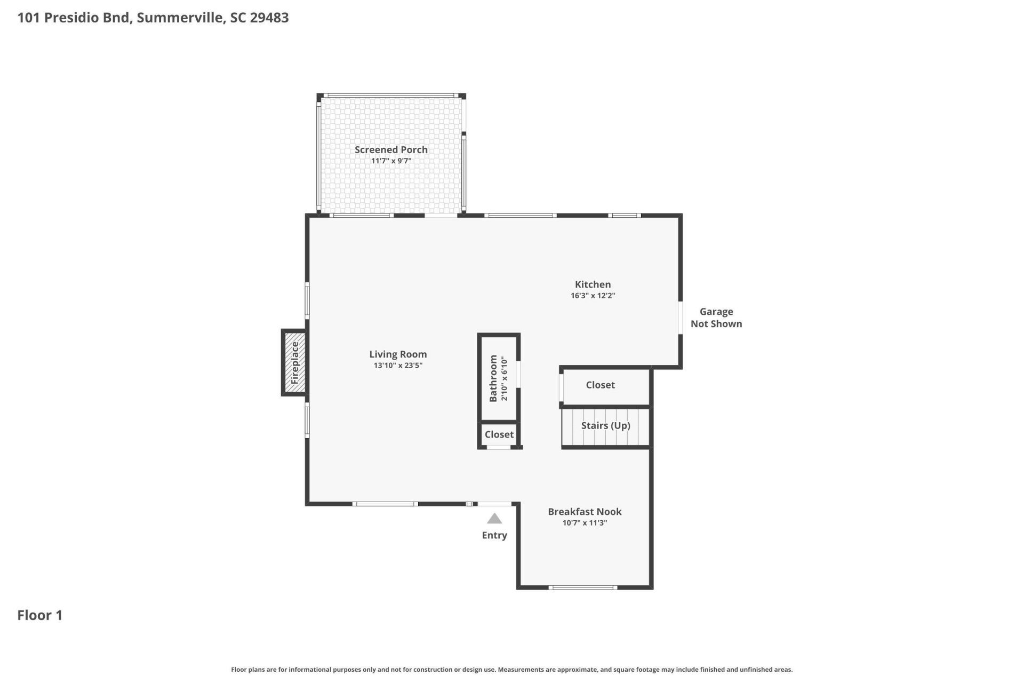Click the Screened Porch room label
(x=391, y=150)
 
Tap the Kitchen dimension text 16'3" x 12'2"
(x=593, y=296)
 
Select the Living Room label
(x=398, y=354)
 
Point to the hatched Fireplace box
(x=294, y=363)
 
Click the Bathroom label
(x=493, y=378)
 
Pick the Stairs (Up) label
(x=605, y=426)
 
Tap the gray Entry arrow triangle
(x=494, y=518)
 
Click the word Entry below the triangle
(x=494, y=535)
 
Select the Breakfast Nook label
(x=585, y=512)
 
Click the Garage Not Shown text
(x=716, y=317)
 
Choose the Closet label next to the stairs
(x=600, y=385)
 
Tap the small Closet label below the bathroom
(x=499, y=434)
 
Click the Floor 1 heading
(x=40, y=615)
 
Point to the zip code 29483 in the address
(x=269, y=18)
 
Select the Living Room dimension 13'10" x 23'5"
(x=398, y=366)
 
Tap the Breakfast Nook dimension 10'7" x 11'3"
(x=585, y=523)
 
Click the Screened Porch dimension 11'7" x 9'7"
(x=391, y=161)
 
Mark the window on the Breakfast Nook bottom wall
(x=583, y=587)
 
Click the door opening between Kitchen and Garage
(x=681, y=318)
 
